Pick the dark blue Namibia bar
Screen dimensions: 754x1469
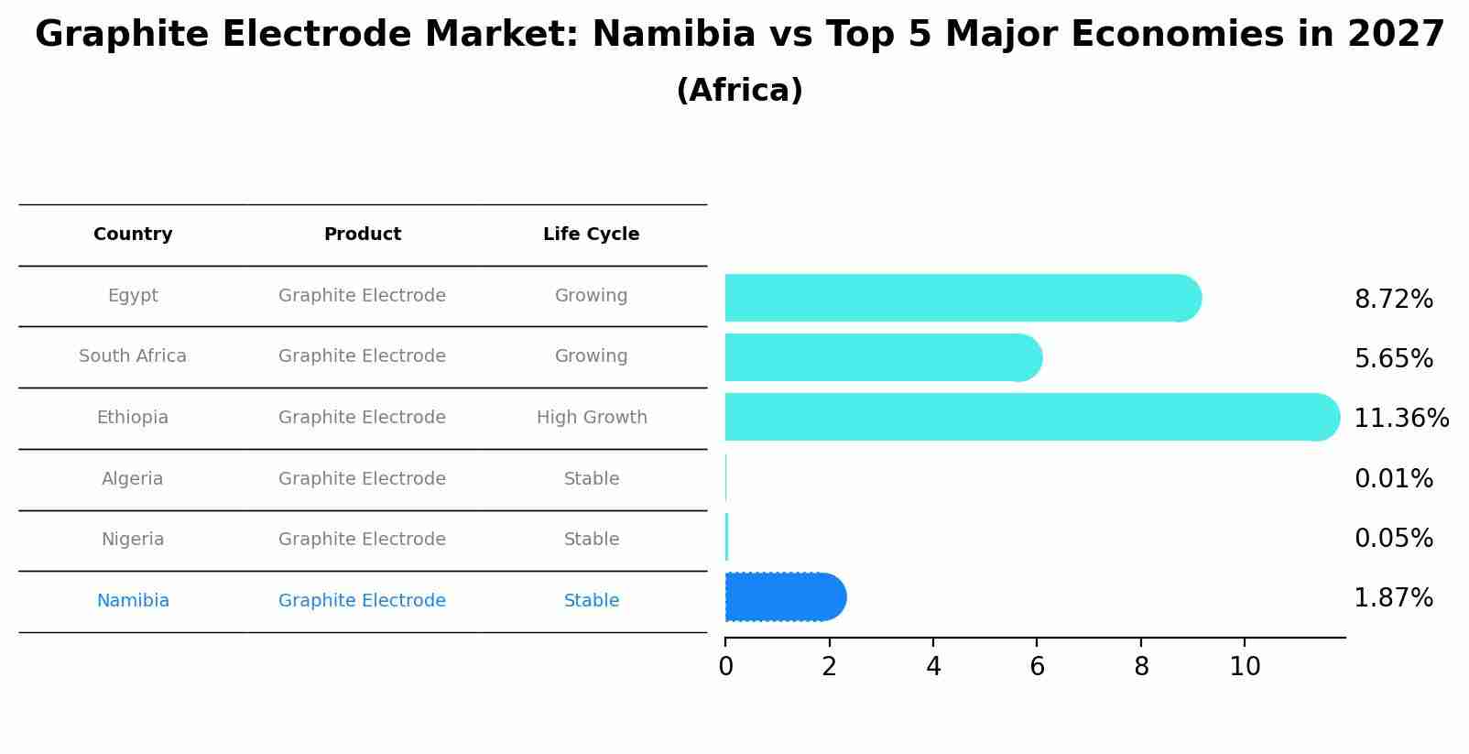point(783,597)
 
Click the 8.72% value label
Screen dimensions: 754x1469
point(1393,300)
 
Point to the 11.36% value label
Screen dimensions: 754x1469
point(1400,419)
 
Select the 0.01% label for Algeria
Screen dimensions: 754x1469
point(1393,479)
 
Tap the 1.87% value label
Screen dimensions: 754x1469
point(1393,598)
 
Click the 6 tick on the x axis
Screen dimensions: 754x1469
point(1037,667)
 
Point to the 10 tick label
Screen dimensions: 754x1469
point(1245,667)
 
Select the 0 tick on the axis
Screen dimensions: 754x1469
point(725,667)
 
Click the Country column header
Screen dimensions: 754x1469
point(133,235)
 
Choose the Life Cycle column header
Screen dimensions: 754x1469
point(591,235)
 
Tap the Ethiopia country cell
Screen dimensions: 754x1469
point(133,418)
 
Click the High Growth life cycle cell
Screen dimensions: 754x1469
point(592,418)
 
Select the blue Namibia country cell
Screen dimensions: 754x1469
point(133,601)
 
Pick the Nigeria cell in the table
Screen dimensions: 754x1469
point(133,540)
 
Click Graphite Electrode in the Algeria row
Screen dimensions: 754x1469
point(362,479)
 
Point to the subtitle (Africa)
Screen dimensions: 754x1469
point(739,91)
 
